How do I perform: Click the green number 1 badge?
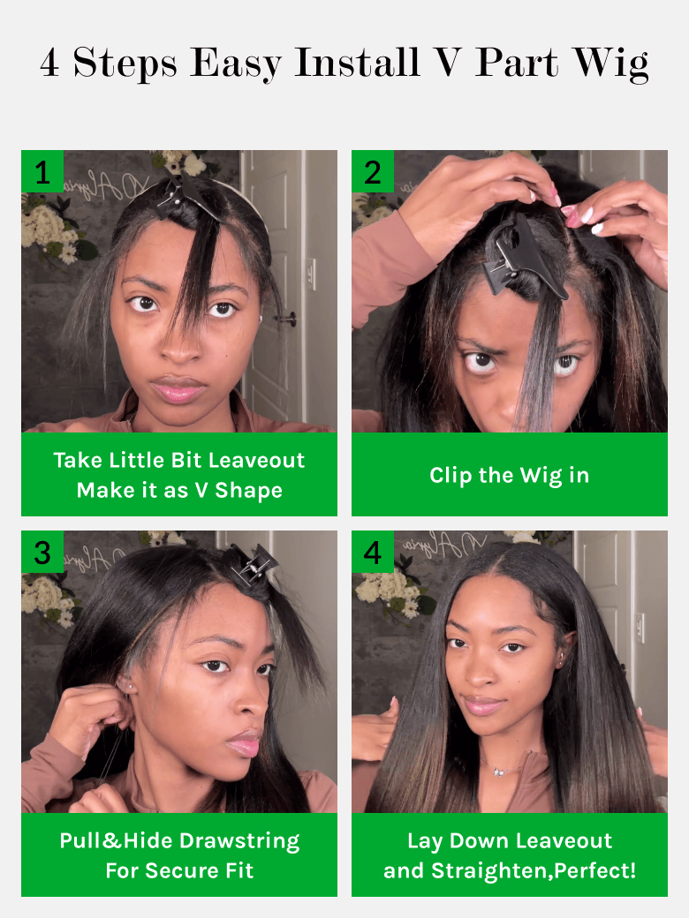point(42,171)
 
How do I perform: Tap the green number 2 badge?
point(373,171)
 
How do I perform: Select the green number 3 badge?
point(42,552)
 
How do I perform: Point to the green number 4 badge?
point(373,552)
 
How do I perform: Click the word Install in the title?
point(357,62)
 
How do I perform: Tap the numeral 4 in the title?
point(49,62)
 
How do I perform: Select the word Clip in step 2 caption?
point(450,476)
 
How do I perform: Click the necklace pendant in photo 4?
point(499,771)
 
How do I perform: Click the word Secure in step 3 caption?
point(182,871)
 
